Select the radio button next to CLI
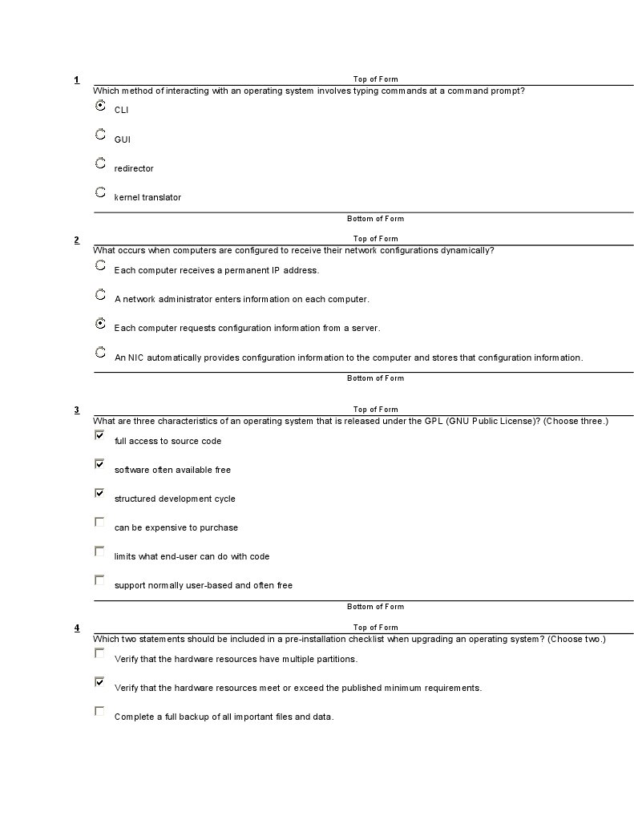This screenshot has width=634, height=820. tap(100, 106)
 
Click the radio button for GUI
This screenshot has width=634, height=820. tap(100, 135)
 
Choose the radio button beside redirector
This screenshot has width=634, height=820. tap(100, 164)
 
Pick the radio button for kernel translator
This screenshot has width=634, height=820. tap(100, 192)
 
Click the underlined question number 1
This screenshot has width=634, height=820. tap(77, 79)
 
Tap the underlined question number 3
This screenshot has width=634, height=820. tap(77, 410)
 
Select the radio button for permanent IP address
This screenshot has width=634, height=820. tap(100, 265)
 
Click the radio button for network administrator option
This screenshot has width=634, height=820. tap(100, 295)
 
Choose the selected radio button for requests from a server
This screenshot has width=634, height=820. tap(100, 324)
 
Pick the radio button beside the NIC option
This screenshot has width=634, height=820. tap(100, 353)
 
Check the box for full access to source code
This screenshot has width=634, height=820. tap(99, 435)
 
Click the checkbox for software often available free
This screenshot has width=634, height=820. tap(99, 464)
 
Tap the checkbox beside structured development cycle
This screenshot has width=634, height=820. tap(99, 493)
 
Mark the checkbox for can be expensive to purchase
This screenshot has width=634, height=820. tap(99, 522)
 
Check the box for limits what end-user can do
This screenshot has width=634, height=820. tap(99, 551)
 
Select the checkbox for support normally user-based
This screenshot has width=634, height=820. tap(99, 580)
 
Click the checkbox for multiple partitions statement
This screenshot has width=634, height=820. tap(99, 653)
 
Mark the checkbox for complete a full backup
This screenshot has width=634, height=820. tap(99, 711)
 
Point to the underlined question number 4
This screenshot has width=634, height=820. tap(77, 628)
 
